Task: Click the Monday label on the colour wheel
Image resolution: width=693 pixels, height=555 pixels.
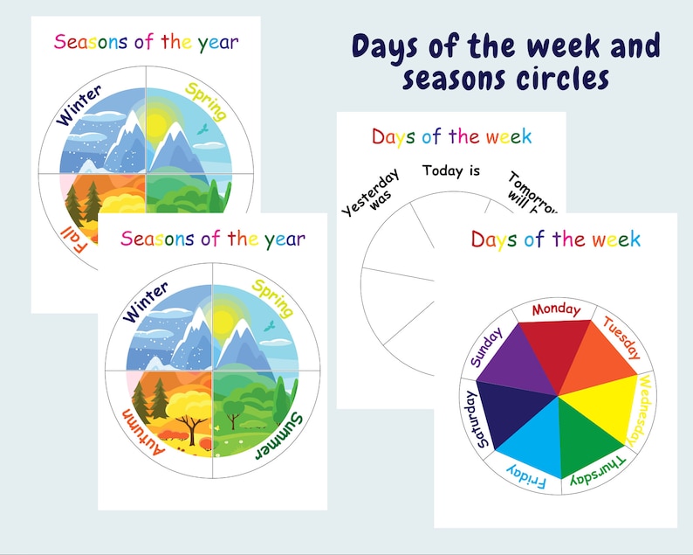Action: tap(556, 309)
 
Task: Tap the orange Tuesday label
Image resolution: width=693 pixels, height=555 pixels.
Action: tap(622, 338)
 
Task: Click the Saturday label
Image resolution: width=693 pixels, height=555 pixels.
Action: tap(472, 420)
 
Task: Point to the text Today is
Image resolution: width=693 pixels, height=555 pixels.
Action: tap(450, 170)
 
